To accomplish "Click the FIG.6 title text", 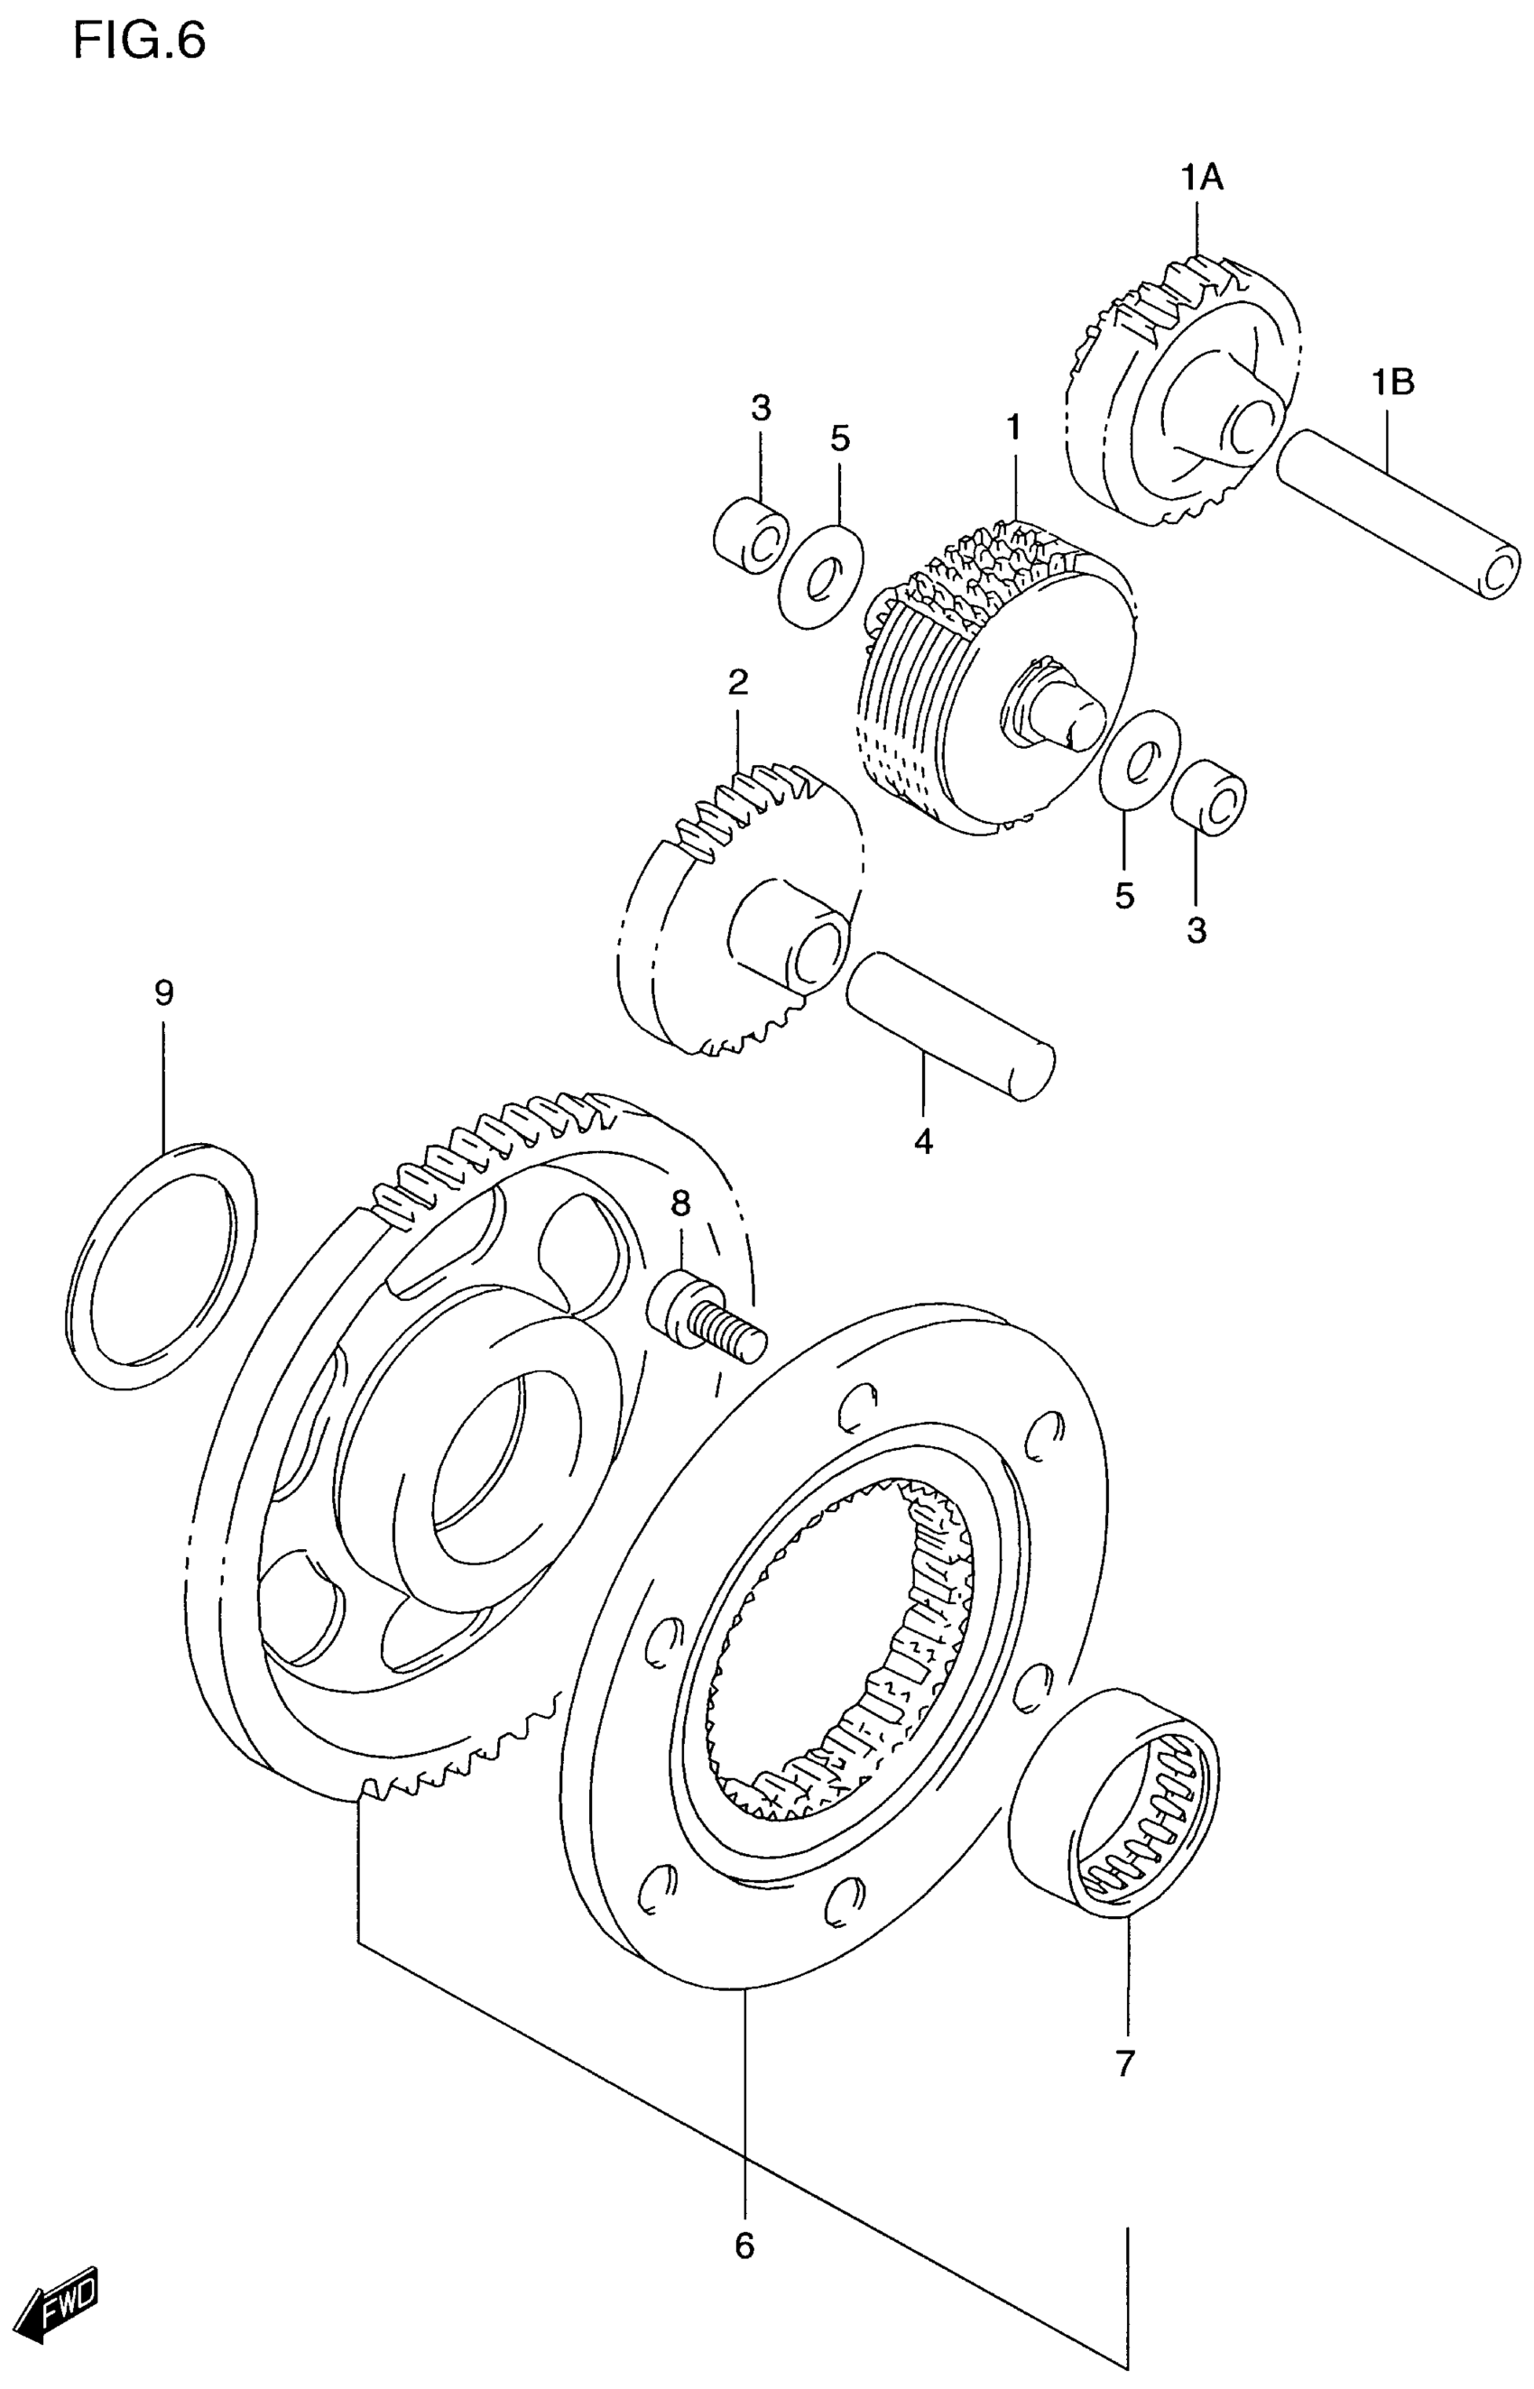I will tap(140, 42).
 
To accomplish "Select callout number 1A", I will tap(1202, 179).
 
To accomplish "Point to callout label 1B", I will tap(1392, 383).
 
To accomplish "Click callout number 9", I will tap(164, 992).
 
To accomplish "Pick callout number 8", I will tap(680, 1204).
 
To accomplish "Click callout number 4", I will tap(923, 1141).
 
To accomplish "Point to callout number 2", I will tap(737, 682).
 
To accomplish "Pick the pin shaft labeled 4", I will tap(949, 1025).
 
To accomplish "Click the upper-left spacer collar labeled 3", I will tap(752, 538).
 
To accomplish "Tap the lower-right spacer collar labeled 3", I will tap(1208, 798).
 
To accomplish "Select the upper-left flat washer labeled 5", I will tap(822, 576).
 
